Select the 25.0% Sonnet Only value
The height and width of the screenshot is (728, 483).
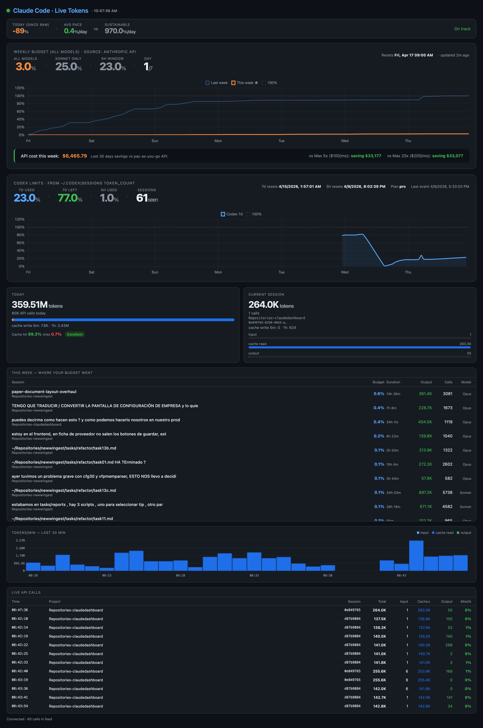(x=68, y=67)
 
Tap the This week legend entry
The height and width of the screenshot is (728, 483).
(x=245, y=83)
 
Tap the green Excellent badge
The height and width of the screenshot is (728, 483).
(x=75, y=334)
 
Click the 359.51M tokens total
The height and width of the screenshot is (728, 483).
(x=30, y=305)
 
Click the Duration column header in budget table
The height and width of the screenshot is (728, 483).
(x=393, y=382)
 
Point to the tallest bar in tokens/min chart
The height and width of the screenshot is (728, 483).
(x=416, y=555)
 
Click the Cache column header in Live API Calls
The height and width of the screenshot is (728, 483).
(x=424, y=602)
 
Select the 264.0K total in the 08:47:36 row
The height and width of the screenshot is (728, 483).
(x=379, y=610)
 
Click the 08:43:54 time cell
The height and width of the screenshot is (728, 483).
(x=20, y=706)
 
